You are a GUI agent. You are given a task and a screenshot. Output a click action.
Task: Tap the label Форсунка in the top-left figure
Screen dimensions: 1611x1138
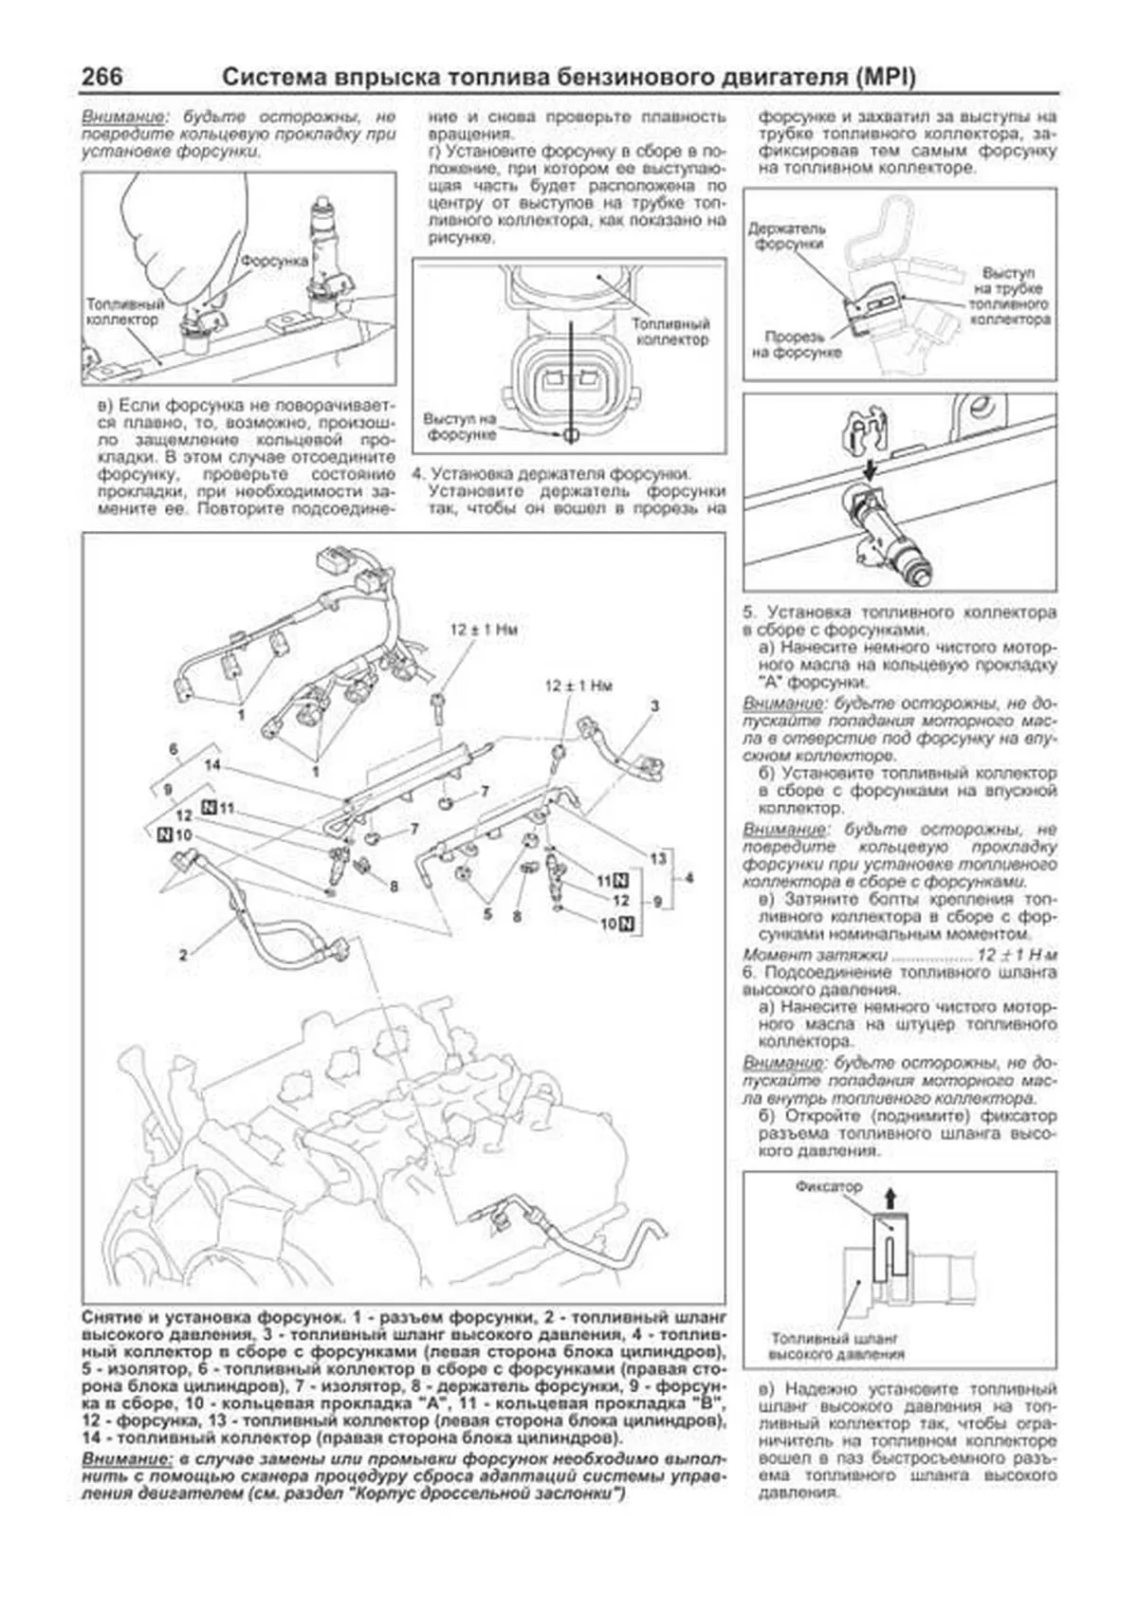pos(275,260)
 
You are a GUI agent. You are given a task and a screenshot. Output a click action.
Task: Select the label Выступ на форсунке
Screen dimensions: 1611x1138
pos(461,426)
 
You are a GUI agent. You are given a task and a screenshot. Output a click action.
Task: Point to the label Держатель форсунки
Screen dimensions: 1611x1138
pos(787,235)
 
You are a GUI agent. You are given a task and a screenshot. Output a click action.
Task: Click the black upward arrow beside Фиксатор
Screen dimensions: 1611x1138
pos(890,1198)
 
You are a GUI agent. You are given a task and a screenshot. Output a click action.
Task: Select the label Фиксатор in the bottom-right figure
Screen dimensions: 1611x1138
pos(829,1186)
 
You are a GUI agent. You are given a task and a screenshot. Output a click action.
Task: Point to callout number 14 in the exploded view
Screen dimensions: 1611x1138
pos(211,764)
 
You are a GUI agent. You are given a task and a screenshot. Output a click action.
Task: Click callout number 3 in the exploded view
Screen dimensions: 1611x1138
pos(654,705)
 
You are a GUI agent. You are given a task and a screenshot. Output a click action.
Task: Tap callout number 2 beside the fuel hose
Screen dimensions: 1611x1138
pos(184,955)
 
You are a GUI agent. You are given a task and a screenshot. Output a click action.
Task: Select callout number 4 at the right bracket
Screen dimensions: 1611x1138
pos(689,878)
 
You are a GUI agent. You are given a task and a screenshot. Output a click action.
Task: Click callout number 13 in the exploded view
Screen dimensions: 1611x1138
pos(658,858)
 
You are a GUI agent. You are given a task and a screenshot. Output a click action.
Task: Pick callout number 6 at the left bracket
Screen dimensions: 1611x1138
pos(174,749)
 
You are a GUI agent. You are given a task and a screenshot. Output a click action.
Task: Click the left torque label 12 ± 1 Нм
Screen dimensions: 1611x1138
pos(484,629)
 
